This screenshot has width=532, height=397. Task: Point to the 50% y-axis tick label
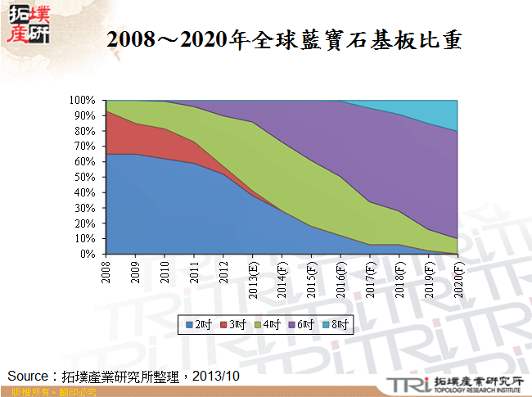pyautogui.click(x=88, y=177)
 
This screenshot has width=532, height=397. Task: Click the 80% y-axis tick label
pyautogui.click(x=88, y=131)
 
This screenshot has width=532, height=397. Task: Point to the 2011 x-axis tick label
pyautogui.click(x=194, y=271)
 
